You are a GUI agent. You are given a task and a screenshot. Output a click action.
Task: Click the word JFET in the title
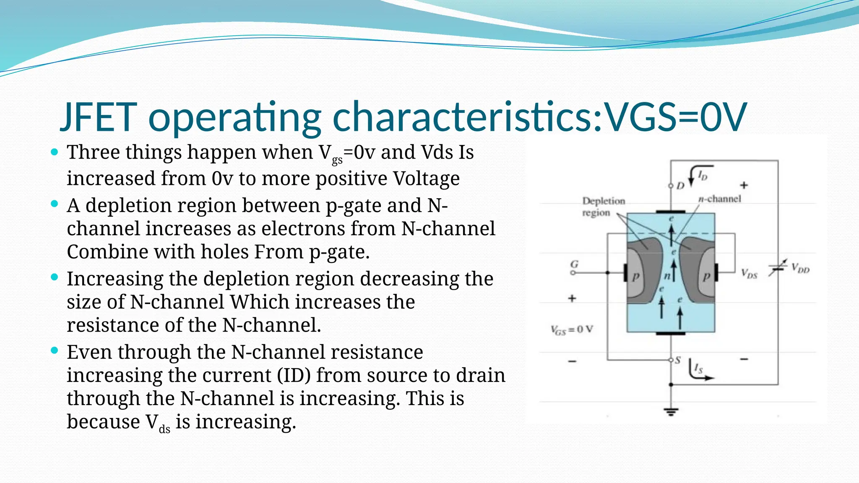[x=99, y=117]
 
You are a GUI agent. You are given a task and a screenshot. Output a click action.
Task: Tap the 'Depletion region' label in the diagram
[x=603, y=207]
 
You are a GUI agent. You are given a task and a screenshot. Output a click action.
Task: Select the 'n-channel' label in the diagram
[x=720, y=199]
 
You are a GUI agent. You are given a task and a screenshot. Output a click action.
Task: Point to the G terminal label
[x=574, y=264]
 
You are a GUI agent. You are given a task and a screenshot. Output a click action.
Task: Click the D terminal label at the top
[x=680, y=185]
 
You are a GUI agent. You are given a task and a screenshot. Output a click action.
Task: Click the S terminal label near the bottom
[x=678, y=360]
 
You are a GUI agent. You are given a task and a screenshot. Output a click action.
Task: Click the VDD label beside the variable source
[x=800, y=268]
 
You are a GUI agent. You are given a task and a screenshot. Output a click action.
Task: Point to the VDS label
[x=749, y=274]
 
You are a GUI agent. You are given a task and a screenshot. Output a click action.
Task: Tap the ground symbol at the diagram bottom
[x=671, y=411]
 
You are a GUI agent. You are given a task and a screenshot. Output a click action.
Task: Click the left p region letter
[x=636, y=276]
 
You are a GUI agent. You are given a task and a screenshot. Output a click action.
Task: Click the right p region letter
[x=707, y=276]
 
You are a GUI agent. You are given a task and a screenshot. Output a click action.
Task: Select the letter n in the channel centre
[x=667, y=276]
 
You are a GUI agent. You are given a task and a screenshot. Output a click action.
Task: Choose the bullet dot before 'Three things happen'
[x=54, y=152]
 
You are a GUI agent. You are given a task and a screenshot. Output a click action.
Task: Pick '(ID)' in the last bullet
[x=294, y=375]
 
